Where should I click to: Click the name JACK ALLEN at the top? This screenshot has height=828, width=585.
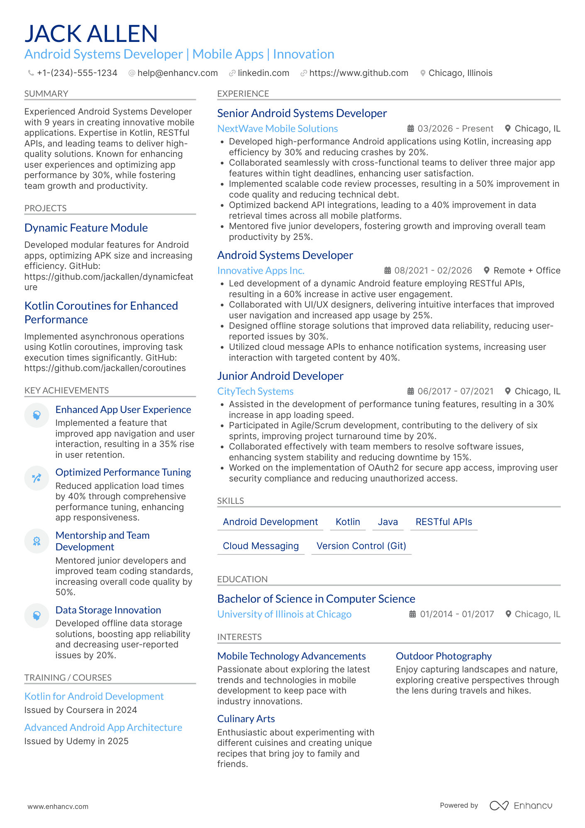(x=91, y=34)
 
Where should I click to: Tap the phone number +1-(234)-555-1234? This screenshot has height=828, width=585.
(x=77, y=73)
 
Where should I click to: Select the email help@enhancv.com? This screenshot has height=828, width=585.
(x=177, y=73)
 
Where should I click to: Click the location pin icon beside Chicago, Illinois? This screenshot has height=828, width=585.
(x=422, y=73)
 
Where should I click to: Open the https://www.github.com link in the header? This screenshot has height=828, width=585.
(x=358, y=73)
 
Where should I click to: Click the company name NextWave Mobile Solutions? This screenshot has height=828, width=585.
(x=277, y=129)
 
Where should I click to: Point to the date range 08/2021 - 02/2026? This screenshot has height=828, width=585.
(x=433, y=271)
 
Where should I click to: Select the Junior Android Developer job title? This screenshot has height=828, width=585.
(x=280, y=376)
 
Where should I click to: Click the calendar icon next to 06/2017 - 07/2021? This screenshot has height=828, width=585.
(x=410, y=391)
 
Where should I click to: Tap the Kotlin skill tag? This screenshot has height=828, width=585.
(x=348, y=522)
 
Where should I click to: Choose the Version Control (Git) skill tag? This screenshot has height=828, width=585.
(x=361, y=546)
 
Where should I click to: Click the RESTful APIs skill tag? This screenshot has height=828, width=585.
(x=444, y=522)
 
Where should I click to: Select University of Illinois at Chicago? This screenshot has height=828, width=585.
(x=284, y=614)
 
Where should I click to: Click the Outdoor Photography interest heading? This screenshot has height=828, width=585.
(x=444, y=656)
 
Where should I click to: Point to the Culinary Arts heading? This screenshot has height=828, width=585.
(x=246, y=719)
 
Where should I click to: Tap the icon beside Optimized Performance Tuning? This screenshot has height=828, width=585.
(x=37, y=478)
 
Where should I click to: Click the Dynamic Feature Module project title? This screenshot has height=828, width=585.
(x=86, y=228)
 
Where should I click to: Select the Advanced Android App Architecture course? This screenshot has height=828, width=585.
(x=103, y=728)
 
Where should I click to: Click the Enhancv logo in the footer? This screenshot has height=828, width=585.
(x=521, y=806)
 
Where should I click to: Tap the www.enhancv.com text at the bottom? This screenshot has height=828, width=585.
(x=58, y=806)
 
